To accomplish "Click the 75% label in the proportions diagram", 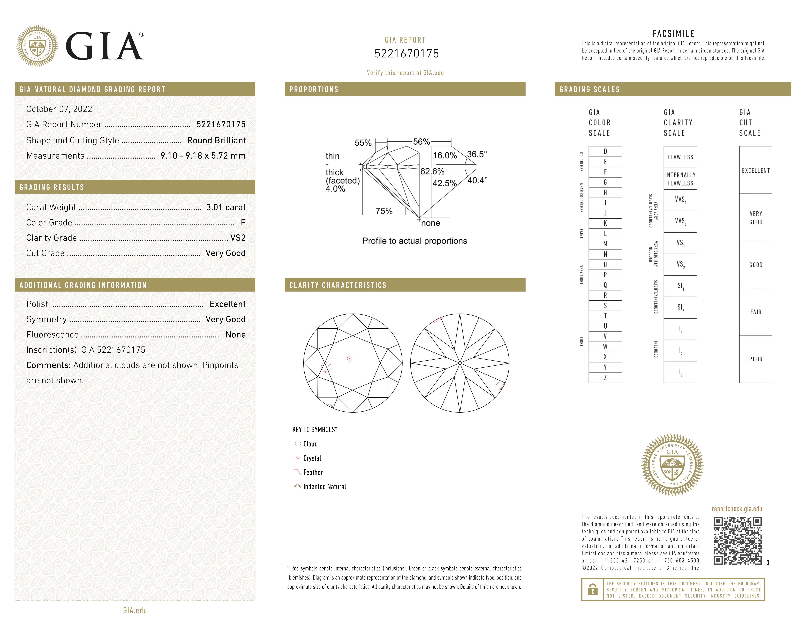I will tap(384, 211).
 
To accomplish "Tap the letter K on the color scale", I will tap(605, 223).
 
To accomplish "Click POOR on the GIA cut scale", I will tap(755, 359).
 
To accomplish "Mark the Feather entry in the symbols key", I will tap(313, 472).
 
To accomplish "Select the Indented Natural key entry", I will tap(324, 487).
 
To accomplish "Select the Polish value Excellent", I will tap(227, 304).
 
